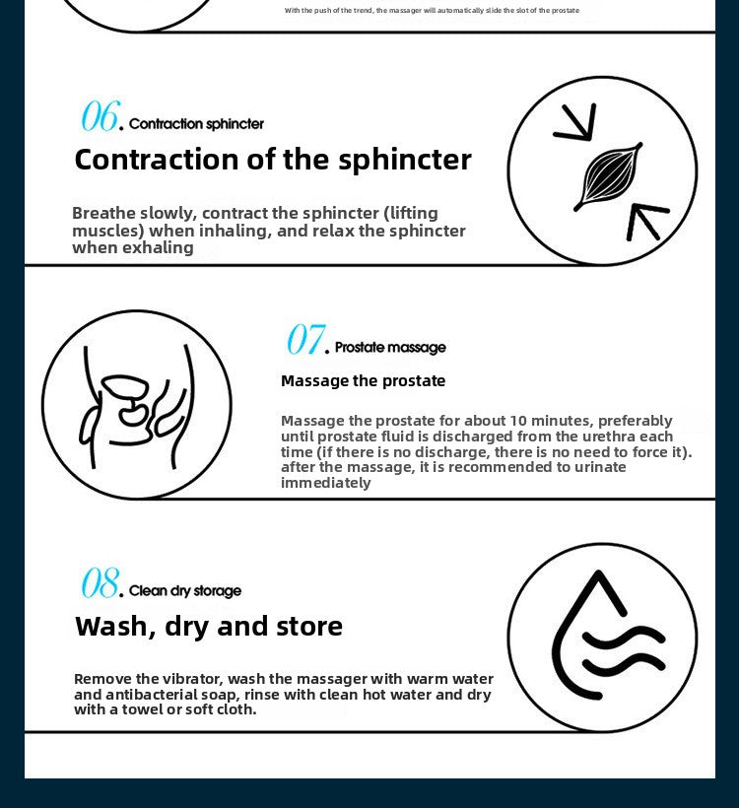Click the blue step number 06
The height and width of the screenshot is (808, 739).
[x=100, y=115]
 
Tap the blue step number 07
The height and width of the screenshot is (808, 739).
[x=305, y=339]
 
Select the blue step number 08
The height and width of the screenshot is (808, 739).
[x=100, y=582]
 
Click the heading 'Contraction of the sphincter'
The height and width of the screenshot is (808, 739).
[x=273, y=160]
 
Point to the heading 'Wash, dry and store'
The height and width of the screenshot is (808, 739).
[x=209, y=627]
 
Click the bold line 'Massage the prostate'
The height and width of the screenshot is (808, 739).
[x=364, y=380]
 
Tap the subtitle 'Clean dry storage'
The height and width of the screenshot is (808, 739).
[x=185, y=590]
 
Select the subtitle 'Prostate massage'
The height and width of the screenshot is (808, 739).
[x=390, y=347]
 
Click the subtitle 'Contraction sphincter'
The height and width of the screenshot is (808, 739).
[x=196, y=124]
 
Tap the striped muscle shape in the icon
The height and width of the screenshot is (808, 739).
[x=609, y=175]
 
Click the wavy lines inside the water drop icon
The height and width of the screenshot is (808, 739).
[x=624, y=649]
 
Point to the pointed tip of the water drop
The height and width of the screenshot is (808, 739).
[x=598, y=572]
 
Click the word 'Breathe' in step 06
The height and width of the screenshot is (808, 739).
[x=103, y=213]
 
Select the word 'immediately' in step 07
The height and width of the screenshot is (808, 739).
[x=326, y=483]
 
